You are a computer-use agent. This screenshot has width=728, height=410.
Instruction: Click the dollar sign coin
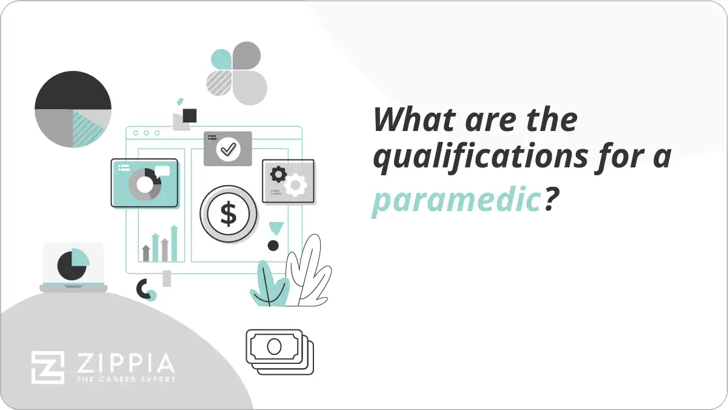coord(229,213)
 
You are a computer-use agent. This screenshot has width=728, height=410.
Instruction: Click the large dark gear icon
coord(278,175)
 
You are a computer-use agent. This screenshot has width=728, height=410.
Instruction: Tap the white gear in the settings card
coord(296,185)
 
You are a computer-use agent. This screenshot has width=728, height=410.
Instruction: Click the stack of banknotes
coord(279,352)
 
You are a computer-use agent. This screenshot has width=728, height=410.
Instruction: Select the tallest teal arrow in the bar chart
coord(174,243)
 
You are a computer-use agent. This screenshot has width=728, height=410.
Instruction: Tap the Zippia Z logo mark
coord(48,368)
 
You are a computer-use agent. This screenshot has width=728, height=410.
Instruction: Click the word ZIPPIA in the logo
coord(125,364)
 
